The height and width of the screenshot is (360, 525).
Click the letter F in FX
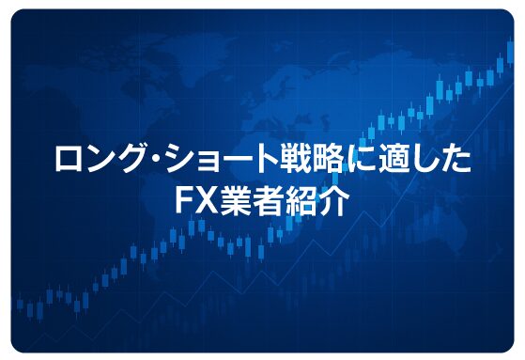tap(186, 201)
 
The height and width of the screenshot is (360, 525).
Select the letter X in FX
tap(208, 201)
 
